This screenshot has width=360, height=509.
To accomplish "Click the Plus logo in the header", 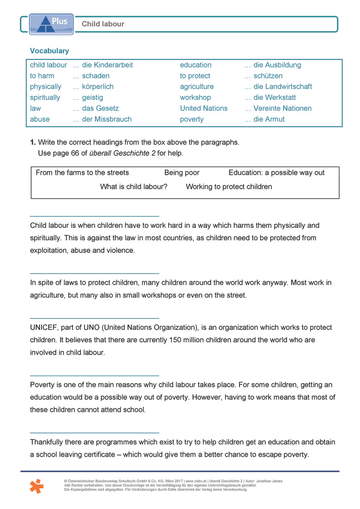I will point(51,24).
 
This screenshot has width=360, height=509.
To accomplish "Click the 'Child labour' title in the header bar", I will point(103,24).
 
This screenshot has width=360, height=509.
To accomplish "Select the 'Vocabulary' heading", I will point(49,51).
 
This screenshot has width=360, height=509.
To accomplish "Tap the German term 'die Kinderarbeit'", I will point(107,65).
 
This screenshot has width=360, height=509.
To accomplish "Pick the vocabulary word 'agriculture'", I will point(197,87).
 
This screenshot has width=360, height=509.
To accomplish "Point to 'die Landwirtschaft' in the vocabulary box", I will point(282,87).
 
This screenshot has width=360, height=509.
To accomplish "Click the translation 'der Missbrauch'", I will point(107,119).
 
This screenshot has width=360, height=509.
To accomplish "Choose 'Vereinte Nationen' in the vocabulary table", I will point(282,108).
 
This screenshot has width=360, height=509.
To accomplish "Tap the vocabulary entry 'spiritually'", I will point(45,98).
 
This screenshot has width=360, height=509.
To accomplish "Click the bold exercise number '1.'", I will point(33,142).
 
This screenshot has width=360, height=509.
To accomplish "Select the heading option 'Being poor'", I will point(182,173).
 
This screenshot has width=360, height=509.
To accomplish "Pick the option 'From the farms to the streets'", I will point(83,173).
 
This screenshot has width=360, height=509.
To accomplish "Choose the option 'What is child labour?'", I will point(133,187).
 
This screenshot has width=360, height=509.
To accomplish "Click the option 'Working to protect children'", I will point(229,187).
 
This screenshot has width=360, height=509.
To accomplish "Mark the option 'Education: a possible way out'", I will point(277,173).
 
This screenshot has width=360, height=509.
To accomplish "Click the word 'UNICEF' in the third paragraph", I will point(44,327).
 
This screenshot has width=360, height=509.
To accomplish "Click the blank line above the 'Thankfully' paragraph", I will point(95,433).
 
